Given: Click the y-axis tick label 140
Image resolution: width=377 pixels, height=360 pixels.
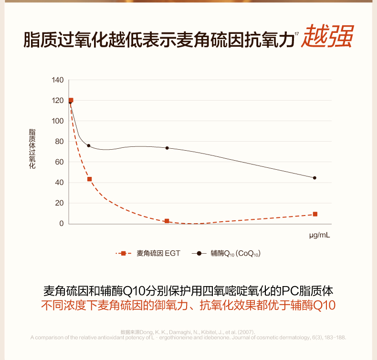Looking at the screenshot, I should click(57, 80).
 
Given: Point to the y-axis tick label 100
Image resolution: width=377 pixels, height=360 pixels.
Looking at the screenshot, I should click(57, 121).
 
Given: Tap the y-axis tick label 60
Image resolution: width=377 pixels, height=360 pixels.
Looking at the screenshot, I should click(59, 162).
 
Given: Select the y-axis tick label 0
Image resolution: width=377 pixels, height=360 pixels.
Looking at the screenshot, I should click(61, 224).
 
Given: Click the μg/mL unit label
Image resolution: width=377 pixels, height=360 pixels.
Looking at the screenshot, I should click(319, 236).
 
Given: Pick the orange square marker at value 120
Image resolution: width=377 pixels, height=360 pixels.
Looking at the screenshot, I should click(71, 101).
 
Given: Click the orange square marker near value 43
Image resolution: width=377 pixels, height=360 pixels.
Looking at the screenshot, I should click(89, 179).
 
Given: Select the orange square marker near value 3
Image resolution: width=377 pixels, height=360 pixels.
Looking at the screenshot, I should click(167, 221).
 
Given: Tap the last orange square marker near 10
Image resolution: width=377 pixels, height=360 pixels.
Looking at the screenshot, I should click(315, 214).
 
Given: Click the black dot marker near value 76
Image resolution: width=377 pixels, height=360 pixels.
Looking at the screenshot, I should click(88, 145).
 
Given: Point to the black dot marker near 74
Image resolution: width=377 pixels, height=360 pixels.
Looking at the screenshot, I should click(167, 148).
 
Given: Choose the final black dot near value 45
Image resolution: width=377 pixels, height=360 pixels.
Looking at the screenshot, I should click(314, 178).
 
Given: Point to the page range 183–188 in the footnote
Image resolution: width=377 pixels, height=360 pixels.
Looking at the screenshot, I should click(335, 337).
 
